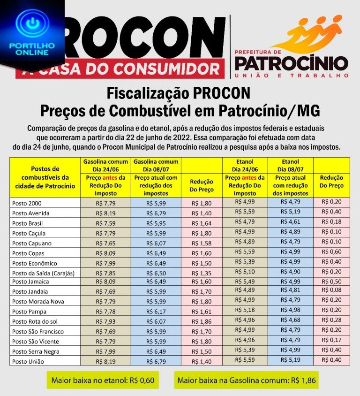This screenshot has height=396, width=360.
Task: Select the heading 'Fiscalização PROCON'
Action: click(180, 93)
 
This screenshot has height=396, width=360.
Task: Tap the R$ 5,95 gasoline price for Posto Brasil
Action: click(156, 223)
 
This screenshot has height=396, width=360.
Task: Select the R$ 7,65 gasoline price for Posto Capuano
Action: click(105, 243)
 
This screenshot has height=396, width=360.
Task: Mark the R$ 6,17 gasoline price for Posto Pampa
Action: click(156, 312)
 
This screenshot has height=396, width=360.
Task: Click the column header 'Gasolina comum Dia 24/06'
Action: click(105, 165)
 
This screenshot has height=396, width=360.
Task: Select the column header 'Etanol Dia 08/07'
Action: click(291, 165)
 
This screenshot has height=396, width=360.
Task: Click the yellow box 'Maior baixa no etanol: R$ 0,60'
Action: click(103, 380)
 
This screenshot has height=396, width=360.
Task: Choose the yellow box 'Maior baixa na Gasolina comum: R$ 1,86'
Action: click(247, 380)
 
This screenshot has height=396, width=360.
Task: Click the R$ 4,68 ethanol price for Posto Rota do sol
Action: click(291, 321)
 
